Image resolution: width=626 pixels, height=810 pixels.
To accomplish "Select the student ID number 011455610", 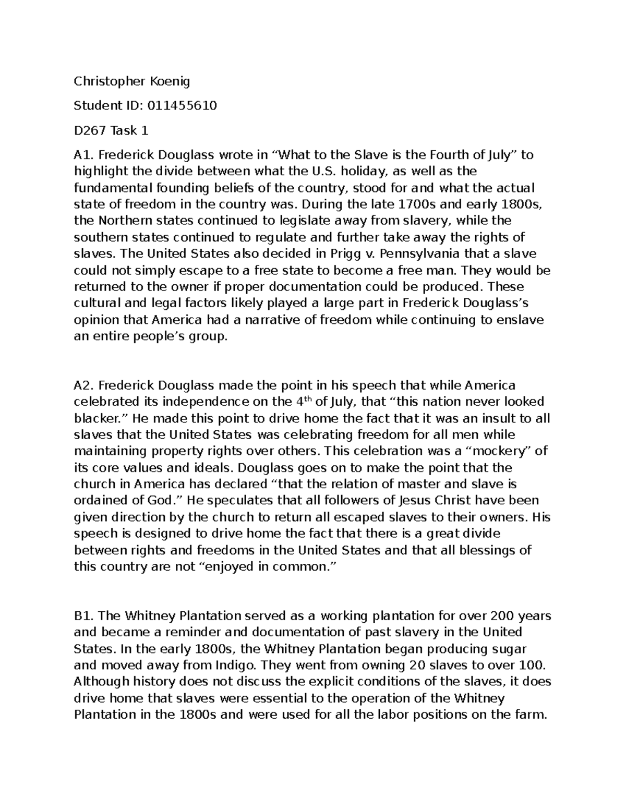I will [x=182, y=106].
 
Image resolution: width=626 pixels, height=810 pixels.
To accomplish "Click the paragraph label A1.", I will [x=84, y=155].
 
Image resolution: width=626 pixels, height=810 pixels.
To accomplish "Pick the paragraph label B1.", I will [x=84, y=616].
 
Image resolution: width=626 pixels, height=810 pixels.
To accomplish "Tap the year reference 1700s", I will [x=416, y=204].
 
